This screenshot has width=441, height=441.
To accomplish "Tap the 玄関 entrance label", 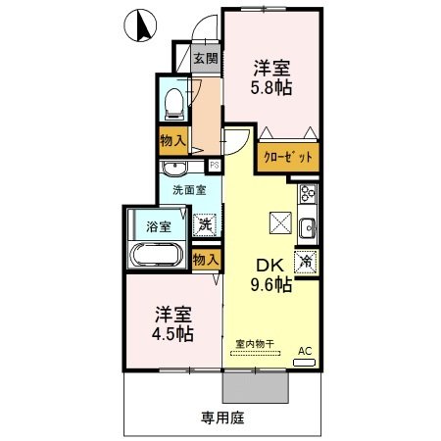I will tap(206, 58).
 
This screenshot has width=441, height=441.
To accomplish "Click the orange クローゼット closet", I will tap(288, 157).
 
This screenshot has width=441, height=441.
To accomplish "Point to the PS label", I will tap(215, 165).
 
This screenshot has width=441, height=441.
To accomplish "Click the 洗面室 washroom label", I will tap(188, 189).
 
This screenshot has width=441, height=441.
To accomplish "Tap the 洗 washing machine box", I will tap(206, 224).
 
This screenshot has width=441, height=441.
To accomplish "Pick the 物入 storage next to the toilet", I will tap(173, 140).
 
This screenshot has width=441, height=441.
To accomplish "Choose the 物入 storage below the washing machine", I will tap(206, 260).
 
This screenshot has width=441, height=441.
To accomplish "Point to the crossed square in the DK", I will tap(279, 223).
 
